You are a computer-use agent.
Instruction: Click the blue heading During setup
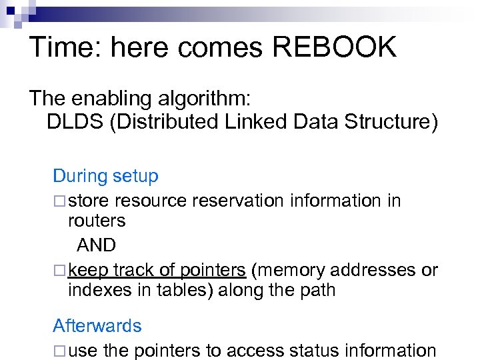pos(105,176)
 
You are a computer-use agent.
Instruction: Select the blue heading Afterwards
pos(97,325)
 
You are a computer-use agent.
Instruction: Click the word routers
pos(97,221)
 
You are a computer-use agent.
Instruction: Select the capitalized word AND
pos(96,245)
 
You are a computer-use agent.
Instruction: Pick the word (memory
pos(289,270)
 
